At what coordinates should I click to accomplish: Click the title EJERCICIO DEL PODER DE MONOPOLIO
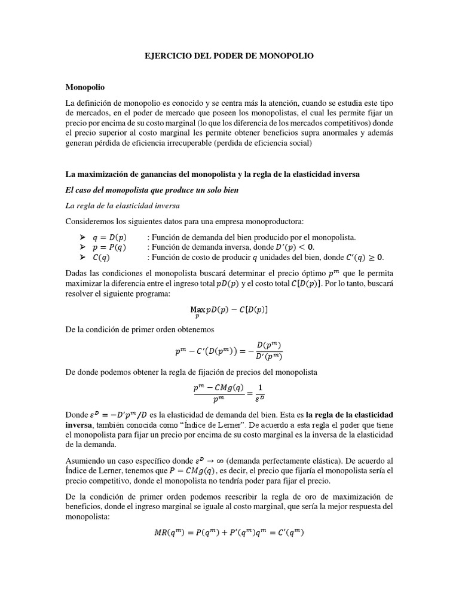tap(229, 55)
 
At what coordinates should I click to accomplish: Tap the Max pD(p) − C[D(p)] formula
tap(229, 309)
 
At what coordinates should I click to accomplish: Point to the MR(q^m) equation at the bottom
tap(229, 533)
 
